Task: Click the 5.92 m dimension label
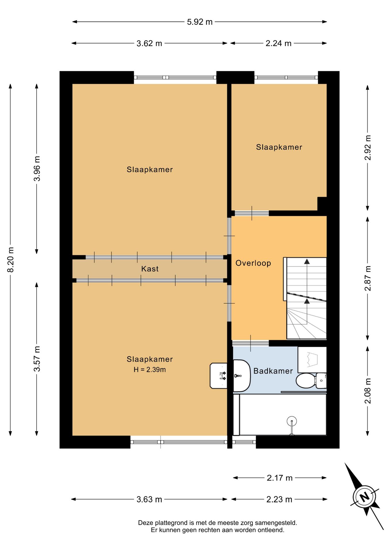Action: click(200, 22)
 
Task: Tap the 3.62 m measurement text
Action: click(149, 43)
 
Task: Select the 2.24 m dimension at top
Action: click(278, 43)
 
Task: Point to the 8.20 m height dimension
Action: click(11, 260)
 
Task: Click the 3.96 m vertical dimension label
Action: click(37, 168)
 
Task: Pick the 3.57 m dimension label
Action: click(37, 359)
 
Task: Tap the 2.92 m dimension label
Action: click(368, 147)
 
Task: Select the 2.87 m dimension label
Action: click(368, 278)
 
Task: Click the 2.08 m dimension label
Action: click(368, 391)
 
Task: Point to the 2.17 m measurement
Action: click(280, 478)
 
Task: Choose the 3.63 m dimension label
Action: click(149, 499)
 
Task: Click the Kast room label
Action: click(150, 269)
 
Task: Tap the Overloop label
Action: click(253, 263)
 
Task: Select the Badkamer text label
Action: click(273, 371)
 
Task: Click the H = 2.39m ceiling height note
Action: click(150, 370)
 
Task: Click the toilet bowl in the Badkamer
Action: click(306, 381)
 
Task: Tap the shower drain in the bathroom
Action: click(292, 421)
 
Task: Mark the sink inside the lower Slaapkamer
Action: click(219, 376)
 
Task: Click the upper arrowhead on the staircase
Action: click(307, 261)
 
